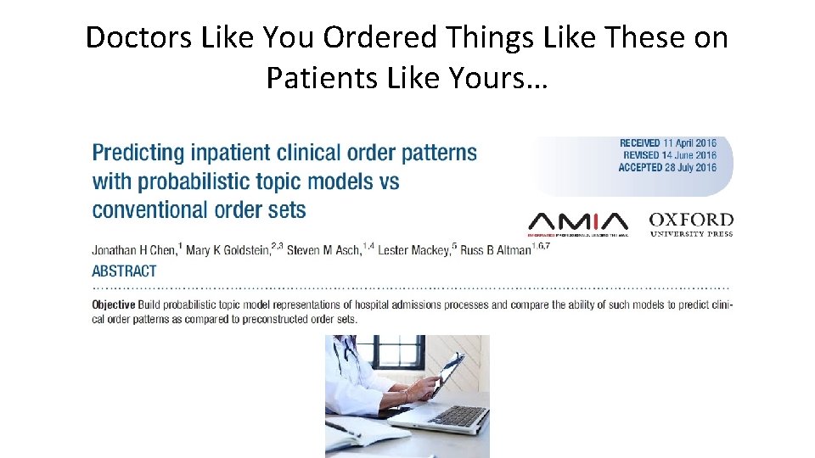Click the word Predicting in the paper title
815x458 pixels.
(x=138, y=154)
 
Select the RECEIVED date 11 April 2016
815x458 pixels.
(x=667, y=143)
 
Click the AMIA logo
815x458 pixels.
(x=577, y=222)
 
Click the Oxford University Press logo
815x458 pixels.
(x=690, y=224)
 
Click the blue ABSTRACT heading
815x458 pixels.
(x=124, y=271)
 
